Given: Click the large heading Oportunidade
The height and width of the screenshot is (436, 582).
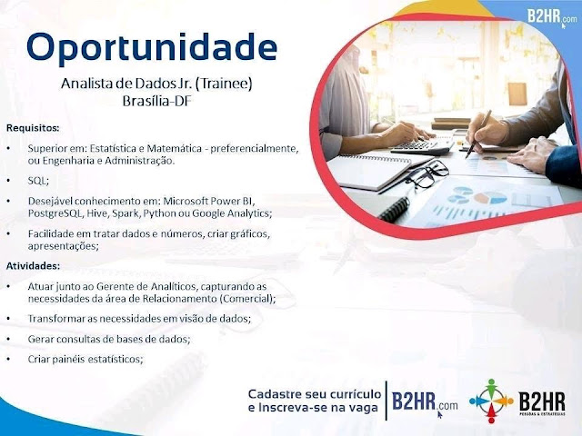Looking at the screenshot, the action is [152, 48].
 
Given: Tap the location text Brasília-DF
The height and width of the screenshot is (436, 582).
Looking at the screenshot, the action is [157, 101].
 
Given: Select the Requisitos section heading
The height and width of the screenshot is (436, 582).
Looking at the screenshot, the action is [33, 128].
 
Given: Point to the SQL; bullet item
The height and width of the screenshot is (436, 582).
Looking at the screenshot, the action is [38, 181].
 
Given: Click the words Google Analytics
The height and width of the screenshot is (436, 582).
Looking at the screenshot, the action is [232, 213].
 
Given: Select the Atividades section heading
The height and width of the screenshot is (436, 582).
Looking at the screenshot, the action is [33, 266].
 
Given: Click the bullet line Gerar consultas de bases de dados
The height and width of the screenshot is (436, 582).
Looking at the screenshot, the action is [109, 339].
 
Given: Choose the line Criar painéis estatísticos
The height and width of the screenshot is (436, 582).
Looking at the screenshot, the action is [85, 360].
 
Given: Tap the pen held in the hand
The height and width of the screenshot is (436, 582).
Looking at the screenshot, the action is [478, 134].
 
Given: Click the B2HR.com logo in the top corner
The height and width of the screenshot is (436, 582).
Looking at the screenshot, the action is [552, 17].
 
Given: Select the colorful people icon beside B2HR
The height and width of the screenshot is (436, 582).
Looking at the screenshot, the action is [491, 401].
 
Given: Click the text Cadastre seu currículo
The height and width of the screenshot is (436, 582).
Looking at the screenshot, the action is [315, 393].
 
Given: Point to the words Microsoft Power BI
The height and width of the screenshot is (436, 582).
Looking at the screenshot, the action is [209, 202].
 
